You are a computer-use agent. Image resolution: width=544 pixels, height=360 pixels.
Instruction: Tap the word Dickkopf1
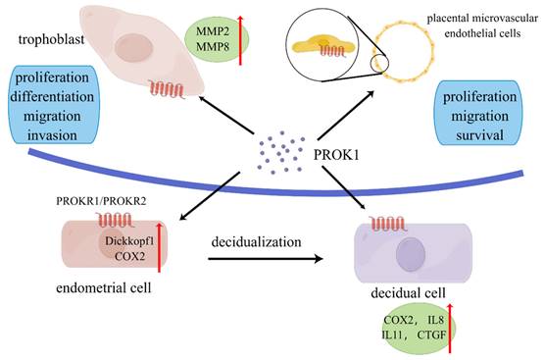coord(129,238)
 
